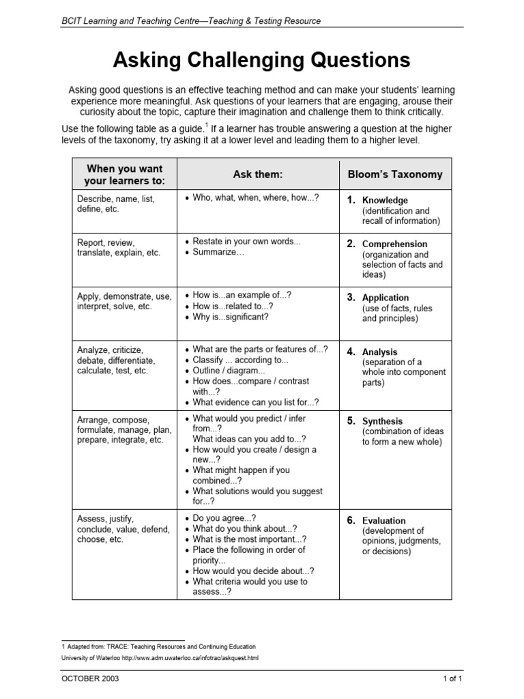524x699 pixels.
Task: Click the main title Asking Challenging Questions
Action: click(x=261, y=61)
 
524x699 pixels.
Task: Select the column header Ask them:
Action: click(x=257, y=175)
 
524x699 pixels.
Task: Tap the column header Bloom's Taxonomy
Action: click(x=395, y=175)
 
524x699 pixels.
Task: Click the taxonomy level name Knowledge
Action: click(x=385, y=200)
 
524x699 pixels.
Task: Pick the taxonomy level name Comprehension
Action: click(x=394, y=244)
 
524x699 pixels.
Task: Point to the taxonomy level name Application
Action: click(x=385, y=298)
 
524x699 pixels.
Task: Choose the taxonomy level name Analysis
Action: click(x=379, y=352)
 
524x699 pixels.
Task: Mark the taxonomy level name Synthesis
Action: click(x=382, y=421)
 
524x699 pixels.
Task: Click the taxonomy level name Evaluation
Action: click(x=383, y=520)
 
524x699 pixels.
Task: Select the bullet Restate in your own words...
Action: click(x=246, y=242)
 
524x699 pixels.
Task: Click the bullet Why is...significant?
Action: click(x=231, y=317)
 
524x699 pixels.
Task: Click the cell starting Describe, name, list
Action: click(x=116, y=203)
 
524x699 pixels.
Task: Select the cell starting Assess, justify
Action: click(x=123, y=528)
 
